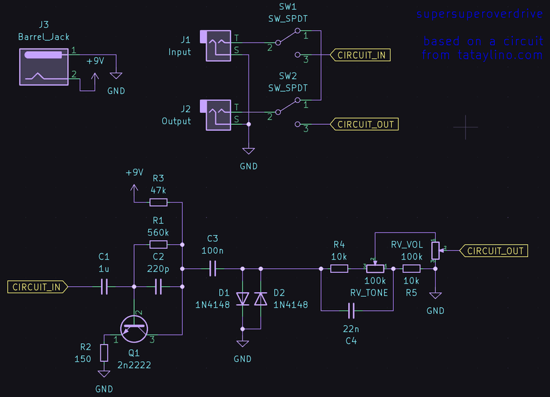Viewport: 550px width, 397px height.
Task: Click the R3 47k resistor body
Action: coord(158,202)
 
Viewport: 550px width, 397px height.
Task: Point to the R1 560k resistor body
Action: coord(158,244)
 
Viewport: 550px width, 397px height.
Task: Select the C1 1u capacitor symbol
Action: coord(104,287)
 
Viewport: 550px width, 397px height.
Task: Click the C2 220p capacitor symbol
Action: coord(158,287)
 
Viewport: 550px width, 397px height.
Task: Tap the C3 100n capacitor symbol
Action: coord(213,269)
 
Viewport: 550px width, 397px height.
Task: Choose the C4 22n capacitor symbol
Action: coord(351,310)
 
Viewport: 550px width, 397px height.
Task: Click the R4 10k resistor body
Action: coord(339,269)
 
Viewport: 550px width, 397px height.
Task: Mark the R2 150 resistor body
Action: coord(104,353)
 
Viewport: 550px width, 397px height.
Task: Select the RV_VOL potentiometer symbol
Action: coord(435,251)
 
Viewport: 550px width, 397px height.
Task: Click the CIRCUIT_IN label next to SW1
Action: coord(362,55)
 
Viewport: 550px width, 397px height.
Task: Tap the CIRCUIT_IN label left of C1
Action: coord(37,287)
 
